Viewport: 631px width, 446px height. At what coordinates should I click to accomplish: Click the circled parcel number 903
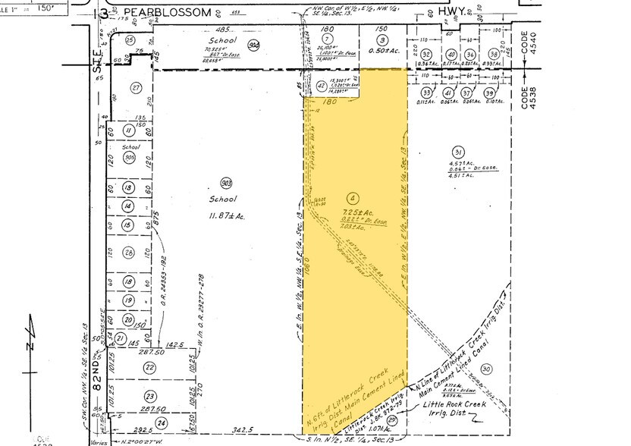225,183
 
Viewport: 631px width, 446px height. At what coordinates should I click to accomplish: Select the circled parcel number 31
457,150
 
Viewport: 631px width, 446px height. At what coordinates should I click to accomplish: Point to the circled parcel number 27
137,88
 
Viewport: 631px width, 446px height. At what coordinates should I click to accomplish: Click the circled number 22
150,367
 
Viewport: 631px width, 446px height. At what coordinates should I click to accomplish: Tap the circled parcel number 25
130,39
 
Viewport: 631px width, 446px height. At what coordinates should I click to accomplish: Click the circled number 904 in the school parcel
255,45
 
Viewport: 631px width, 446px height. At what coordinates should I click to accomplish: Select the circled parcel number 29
393,419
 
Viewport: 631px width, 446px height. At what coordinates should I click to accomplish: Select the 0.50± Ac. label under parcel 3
383,50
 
